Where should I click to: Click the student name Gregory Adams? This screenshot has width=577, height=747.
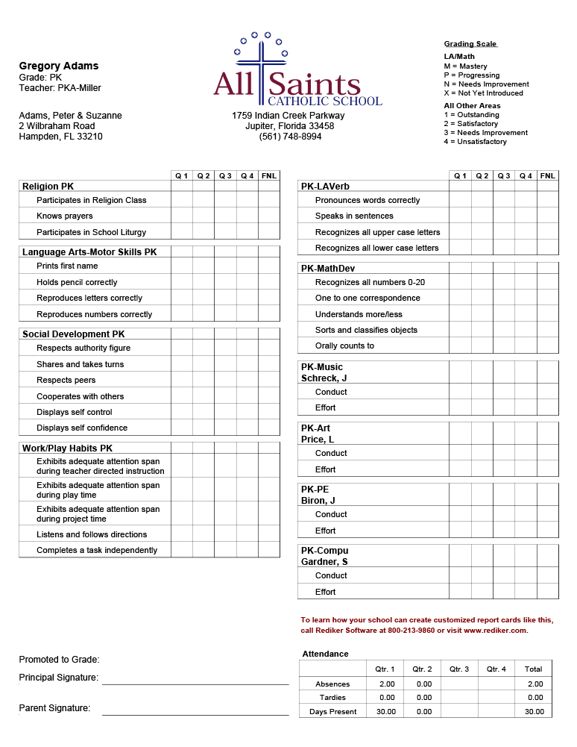coord(59,66)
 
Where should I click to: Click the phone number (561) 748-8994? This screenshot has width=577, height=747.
coord(290,137)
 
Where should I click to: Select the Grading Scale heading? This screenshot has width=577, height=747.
coord(470,44)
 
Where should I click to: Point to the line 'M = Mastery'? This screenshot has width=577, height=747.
coord(465,66)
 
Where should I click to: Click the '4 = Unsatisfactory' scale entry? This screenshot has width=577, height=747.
coord(475,142)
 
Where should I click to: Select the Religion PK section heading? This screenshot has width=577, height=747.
coord(48,187)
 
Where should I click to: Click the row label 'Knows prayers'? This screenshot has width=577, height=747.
coord(65,216)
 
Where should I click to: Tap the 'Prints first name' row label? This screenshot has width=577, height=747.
coord(67,266)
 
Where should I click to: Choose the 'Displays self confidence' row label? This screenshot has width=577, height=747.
coord(82,428)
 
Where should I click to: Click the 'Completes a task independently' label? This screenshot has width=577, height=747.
coord(97,550)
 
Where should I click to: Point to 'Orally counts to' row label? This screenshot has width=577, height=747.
coord(344,346)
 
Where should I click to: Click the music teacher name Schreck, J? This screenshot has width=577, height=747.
coord(324,378)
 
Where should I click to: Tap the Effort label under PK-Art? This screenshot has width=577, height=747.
coord(325,469)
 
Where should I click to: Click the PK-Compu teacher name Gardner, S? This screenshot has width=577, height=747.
coord(324,562)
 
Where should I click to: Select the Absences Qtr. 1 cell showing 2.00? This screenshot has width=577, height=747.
coord(387,684)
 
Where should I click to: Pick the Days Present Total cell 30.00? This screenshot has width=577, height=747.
coord(534,712)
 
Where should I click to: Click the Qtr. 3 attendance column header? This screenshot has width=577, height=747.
coord(459,669)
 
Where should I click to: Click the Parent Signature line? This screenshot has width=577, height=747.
coord(195,714)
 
